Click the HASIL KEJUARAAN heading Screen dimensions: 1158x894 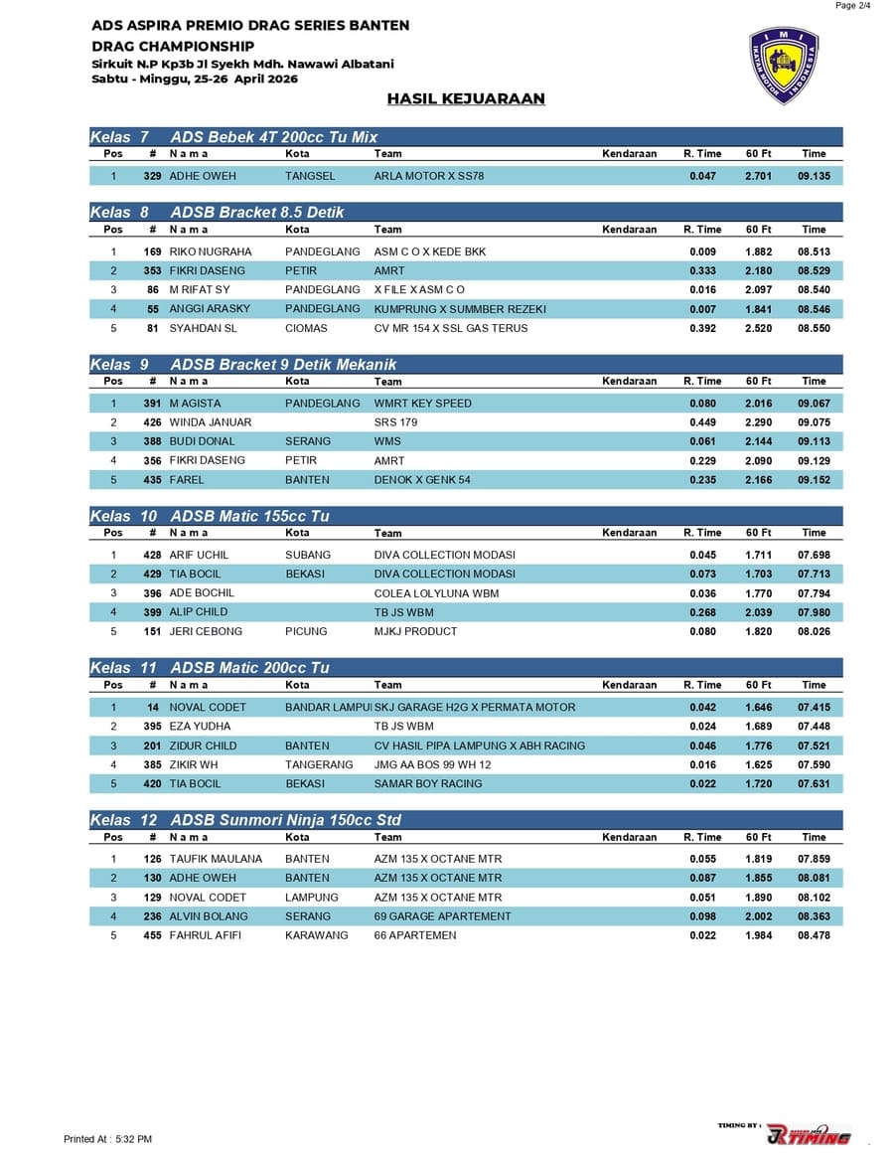pos(466,98)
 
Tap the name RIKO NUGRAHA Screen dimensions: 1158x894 pos(211,252)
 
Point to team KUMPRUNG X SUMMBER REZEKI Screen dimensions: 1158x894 pos(460,309)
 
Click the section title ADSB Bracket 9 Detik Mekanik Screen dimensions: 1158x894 pos(283,365)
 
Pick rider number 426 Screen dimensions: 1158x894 pos(152,422)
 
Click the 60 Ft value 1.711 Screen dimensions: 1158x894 pos(758,555)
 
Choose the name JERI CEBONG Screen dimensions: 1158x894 pos(206,631)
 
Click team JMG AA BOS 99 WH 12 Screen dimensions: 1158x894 pos(432,765)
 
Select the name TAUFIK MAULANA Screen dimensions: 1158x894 pos(216,859)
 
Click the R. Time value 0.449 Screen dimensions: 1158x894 pos(702,422)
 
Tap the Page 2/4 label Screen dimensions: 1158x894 pos(853,6)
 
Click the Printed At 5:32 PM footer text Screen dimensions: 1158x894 pos(107,1139)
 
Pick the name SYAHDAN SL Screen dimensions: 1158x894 pos(203,328)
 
